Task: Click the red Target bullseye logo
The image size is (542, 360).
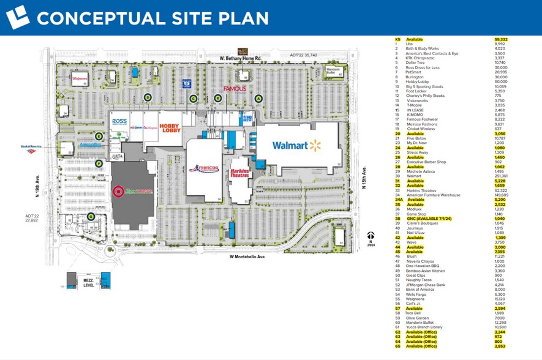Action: [x=117, y=191]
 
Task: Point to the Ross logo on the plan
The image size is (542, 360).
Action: [x=119, y=121]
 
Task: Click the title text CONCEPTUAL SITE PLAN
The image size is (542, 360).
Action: [x=152, y=18]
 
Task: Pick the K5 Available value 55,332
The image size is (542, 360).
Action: [x=501, y=40]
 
